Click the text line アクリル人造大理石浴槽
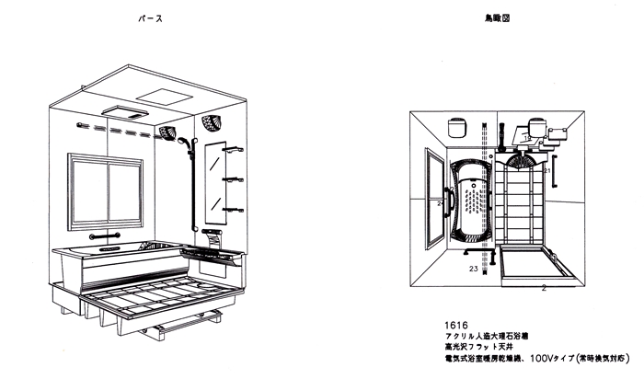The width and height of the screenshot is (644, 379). tap(488, 337)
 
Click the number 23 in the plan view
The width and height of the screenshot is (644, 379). tap(473, 269)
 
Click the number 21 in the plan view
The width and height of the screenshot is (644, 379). tap(547, 171)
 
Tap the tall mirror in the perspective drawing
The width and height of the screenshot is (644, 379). tap(215, 175)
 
